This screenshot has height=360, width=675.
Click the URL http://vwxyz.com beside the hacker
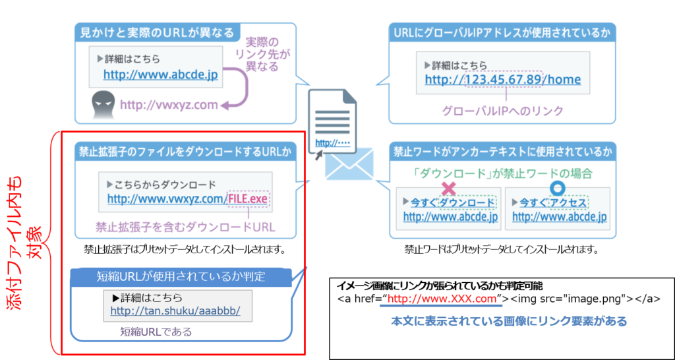point(169,105)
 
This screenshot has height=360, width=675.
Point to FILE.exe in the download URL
point(249,199)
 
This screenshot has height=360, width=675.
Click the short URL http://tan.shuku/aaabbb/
point(175,311)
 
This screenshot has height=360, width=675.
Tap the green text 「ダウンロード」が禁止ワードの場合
point(502,173)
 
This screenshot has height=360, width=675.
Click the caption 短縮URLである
point(156,332)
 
